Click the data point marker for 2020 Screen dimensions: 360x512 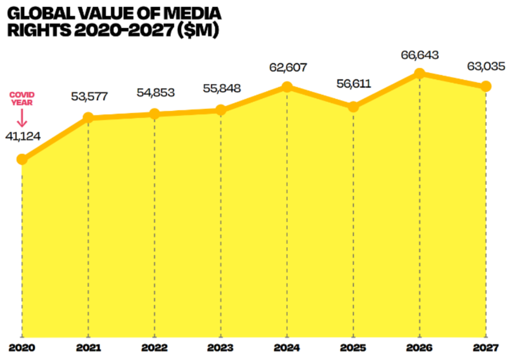pos(22,159)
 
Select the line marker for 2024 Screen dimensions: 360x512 pos(287,86)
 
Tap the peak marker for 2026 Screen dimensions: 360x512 pos(419,73)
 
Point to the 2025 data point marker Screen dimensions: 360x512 pos(353,106)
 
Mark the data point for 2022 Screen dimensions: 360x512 pos(154,114)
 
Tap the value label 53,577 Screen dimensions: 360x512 pos(89,96)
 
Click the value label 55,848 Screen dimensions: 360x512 pos(221,88)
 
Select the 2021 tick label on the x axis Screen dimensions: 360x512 pos(88,347)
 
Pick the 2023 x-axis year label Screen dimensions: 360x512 pos(221,347)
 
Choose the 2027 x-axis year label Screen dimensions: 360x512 pos(485,347)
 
